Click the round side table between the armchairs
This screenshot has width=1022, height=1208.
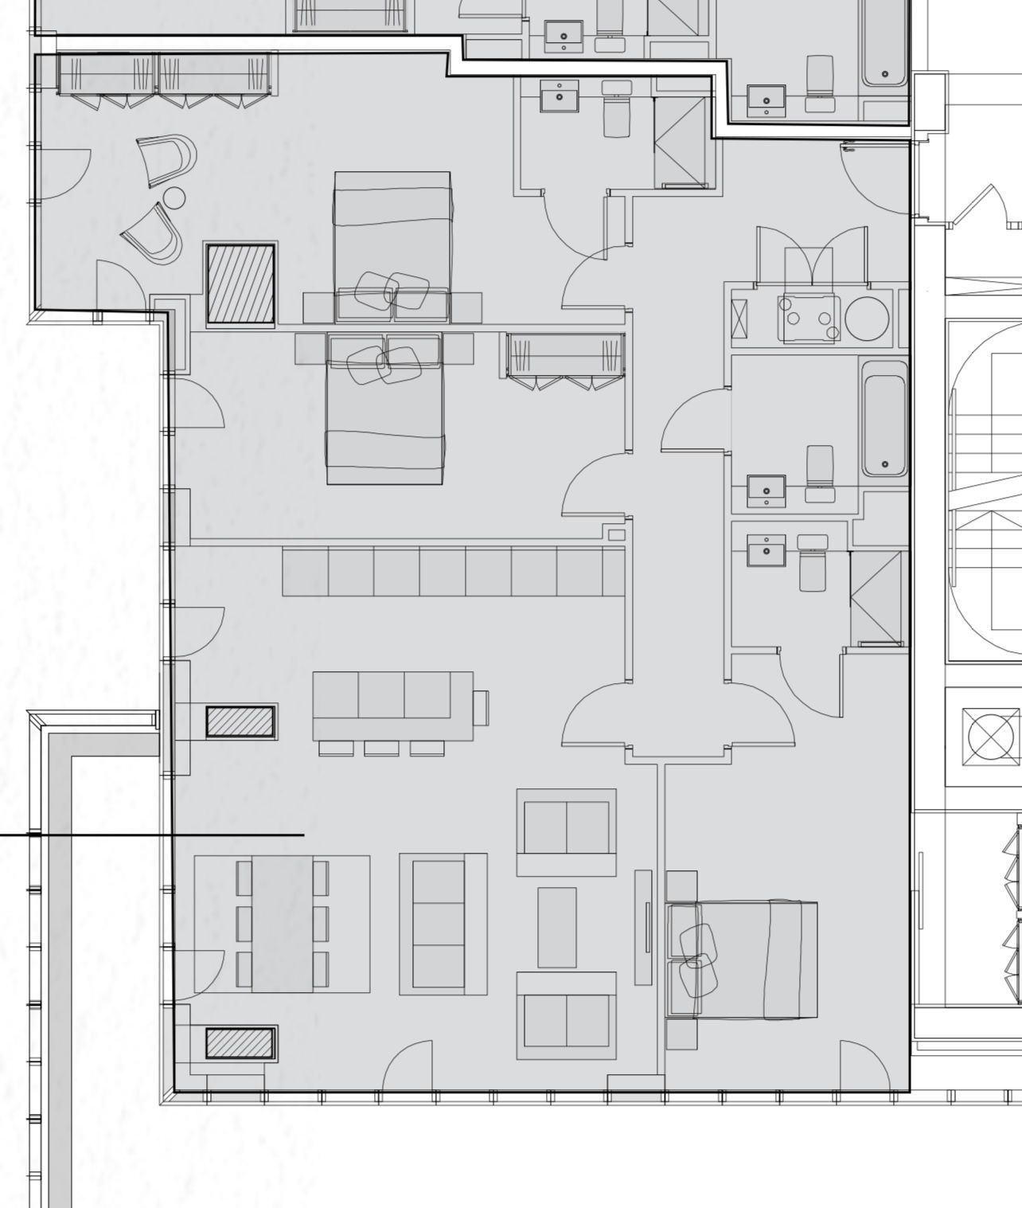[x=174, y=197]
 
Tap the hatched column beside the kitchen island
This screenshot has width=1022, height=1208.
[x=240, y=721]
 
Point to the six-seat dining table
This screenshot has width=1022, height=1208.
[x=283, y=924]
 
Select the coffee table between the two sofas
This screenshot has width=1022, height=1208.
[x=556, y=927]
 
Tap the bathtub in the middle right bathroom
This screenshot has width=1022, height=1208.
[x=884, y=418]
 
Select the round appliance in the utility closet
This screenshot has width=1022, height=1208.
[x=867, y=318]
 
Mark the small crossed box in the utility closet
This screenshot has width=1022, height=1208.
[x=739, y=321]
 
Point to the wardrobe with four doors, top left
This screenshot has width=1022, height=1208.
[x=166, y=75]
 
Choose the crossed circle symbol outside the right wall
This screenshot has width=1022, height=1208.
[x=989, y=737]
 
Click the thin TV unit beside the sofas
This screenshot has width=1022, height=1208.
[x=643, y=927]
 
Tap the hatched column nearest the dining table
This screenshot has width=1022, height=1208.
[x=240, y=1043]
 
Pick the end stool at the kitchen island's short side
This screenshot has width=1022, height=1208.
[x=481, y=707]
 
